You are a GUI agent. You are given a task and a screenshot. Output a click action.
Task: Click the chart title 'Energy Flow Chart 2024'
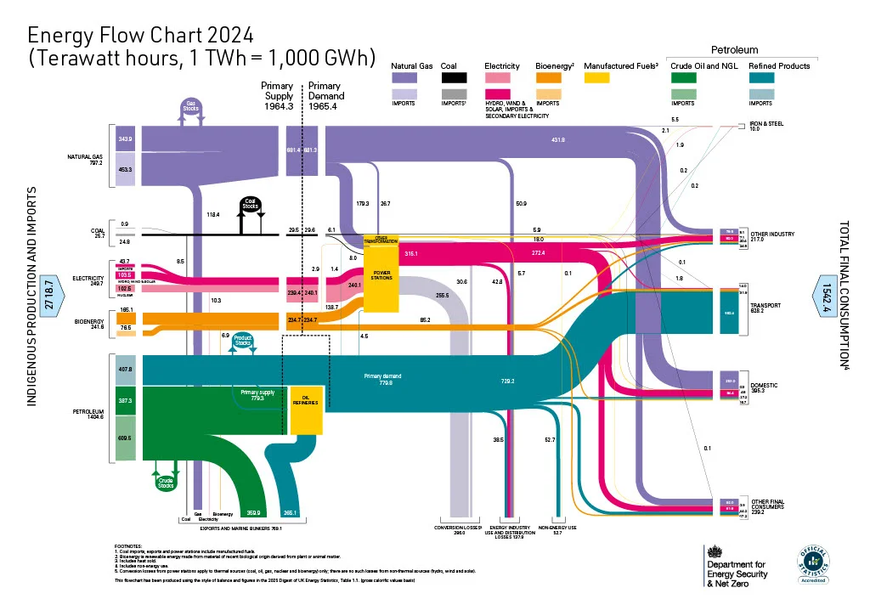click(140, 35)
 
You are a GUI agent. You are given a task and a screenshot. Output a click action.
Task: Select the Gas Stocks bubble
click(191, 106)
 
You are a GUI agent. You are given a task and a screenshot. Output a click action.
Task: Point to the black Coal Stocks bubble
click(251, 206)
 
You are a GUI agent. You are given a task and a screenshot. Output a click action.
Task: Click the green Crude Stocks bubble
click(166, 481)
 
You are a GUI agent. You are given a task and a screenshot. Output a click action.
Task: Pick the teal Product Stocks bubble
click(243, 341)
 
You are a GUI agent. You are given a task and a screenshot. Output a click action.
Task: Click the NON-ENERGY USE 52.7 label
click(556, 529)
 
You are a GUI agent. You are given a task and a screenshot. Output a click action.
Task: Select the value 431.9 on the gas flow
click(558, 139)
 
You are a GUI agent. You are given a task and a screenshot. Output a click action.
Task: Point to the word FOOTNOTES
click(130, 546)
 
